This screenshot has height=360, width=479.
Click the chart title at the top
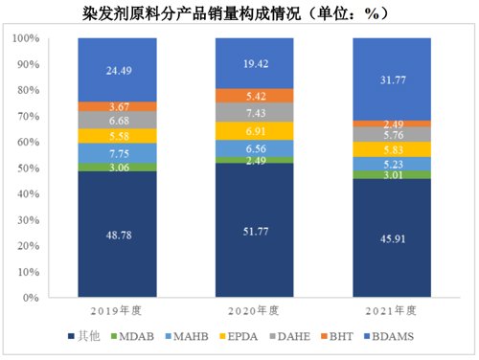239,15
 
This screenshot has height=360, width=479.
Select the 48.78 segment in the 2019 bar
117,235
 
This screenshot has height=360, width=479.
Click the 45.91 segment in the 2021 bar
391,238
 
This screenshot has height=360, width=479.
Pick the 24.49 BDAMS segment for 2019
117,69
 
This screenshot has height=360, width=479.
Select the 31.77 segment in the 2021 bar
391,79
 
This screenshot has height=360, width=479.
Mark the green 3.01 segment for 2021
391,174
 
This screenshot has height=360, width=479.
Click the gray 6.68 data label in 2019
117,120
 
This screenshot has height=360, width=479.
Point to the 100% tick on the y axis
50,38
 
